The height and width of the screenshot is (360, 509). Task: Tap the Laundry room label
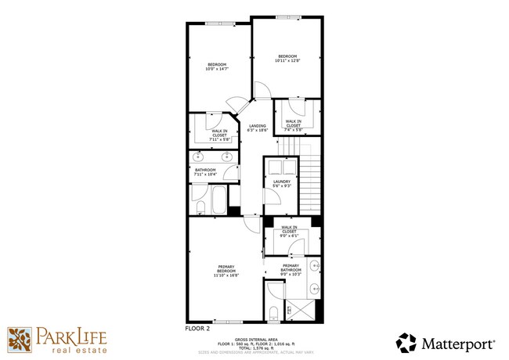pyautogui.click(x=282, y=183)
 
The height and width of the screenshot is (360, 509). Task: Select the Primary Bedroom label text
pyautogui.click(x=226, y=270)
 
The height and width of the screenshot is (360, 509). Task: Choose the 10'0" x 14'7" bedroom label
pyautogui.click(x=217, y=67)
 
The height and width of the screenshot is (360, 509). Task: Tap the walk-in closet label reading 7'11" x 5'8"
pyautogui.click(x=219, y=134)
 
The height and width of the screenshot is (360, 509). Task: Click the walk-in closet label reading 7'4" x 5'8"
pyautogui.click(x=293, y=124)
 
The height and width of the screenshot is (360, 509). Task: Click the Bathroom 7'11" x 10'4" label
pyautogui.click(x=205, y=171)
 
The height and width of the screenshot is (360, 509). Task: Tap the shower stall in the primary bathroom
pyautogui.click(x=304, y=310)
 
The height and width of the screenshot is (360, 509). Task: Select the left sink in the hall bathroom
pyautogui.click(x=199, y=155)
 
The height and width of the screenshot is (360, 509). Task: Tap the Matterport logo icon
pyautogui.click(x=406, y=343)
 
